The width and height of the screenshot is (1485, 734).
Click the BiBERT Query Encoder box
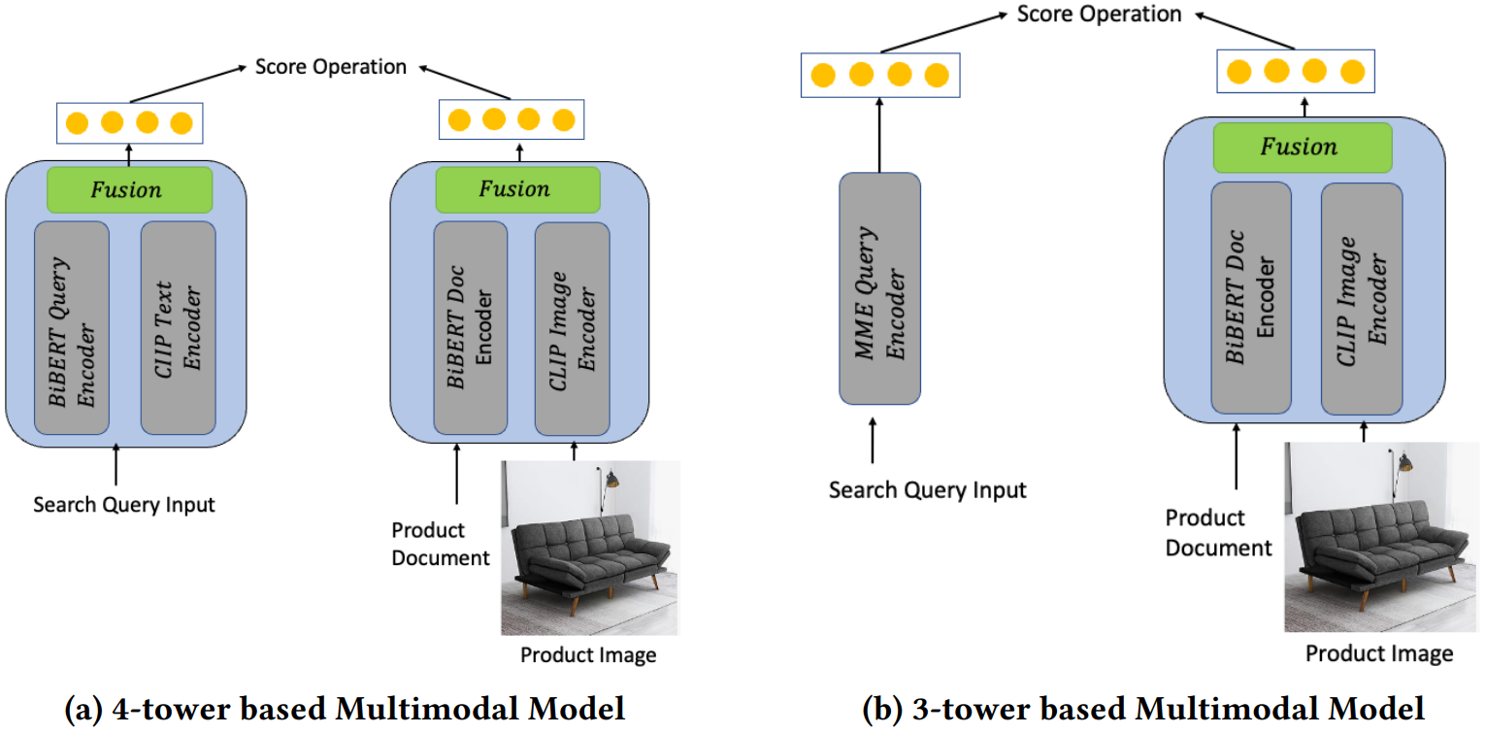tap(71, 327)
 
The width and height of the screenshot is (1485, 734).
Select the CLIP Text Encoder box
tap(178, 327)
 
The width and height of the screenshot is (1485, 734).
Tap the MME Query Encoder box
tap(879, 287)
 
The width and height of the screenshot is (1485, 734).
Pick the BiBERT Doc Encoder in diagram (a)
tap(470, 327)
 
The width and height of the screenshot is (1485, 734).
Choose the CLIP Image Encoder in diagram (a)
tap(573, 327)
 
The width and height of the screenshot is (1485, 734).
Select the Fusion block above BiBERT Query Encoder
tap(129, 189)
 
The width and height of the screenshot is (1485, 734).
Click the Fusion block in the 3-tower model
tap(1302, 148)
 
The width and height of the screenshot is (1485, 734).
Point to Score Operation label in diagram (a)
tap(330, 67)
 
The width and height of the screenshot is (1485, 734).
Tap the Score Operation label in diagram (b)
tap(1099, 15)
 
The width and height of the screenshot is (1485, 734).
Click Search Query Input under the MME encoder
tap(927, 489)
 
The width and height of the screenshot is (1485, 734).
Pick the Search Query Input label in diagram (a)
tap(124, 505)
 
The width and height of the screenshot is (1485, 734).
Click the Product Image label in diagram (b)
tap(1378, 652)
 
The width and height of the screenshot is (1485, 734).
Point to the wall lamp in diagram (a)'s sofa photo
tap(610, 479)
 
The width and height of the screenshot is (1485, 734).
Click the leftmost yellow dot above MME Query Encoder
tap(823, 76)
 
